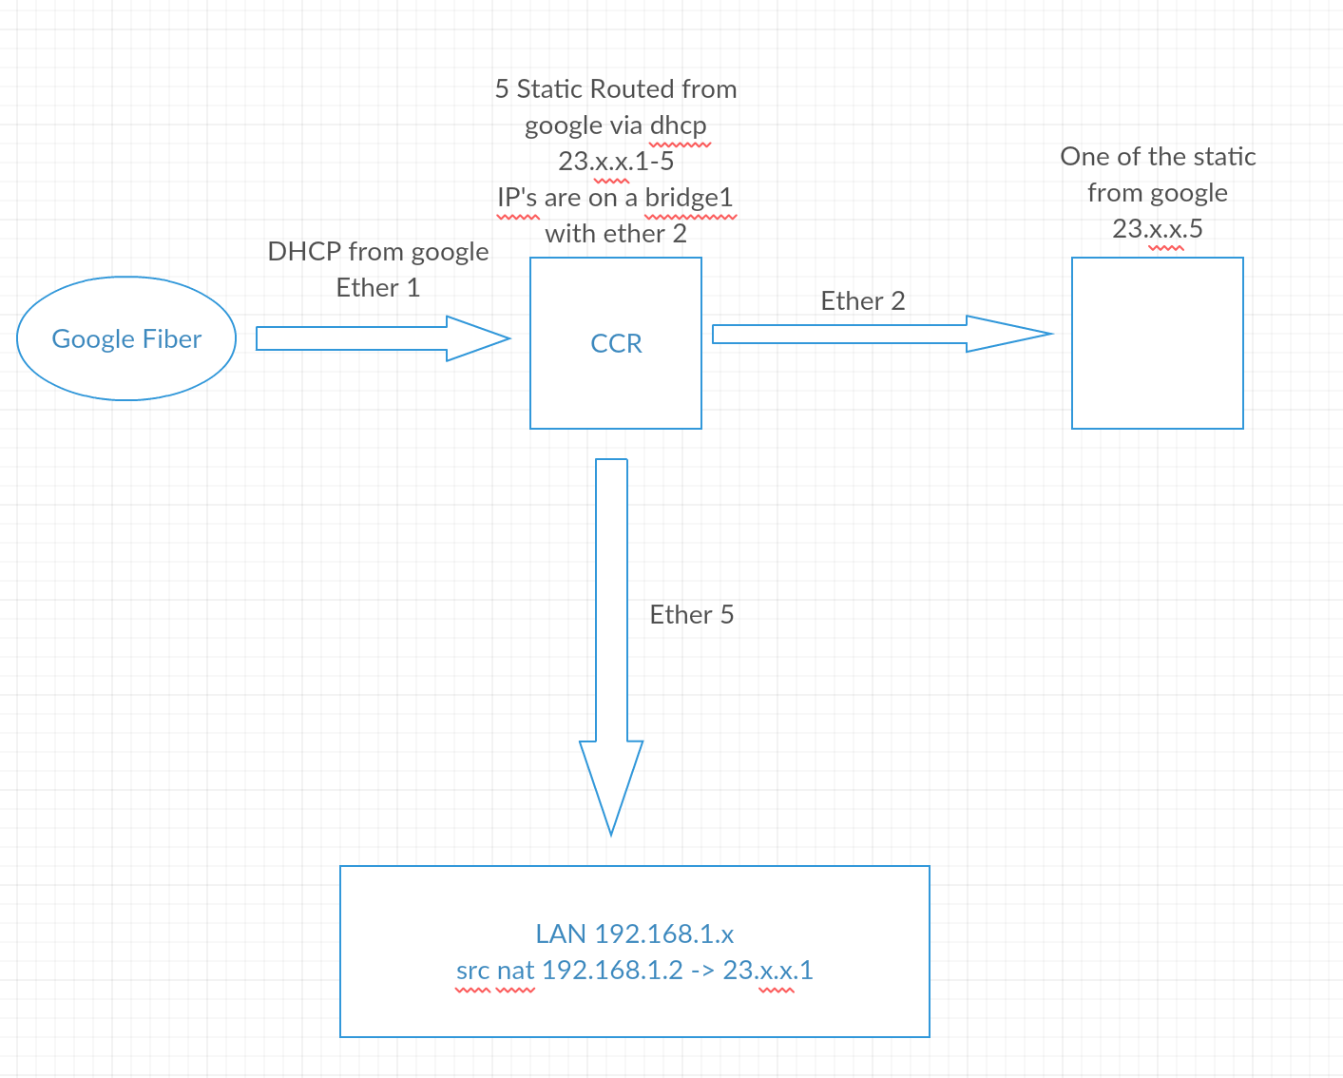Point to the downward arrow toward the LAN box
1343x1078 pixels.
point(611,647)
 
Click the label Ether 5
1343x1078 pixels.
point(692,615)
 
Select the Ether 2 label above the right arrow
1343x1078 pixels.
point(862,300)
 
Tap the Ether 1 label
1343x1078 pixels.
point(378,288)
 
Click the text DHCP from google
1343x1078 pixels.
point(378,252)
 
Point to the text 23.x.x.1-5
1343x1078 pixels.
point(616,161)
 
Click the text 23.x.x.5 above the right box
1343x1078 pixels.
point(1158,228)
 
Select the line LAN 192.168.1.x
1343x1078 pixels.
point(635,934)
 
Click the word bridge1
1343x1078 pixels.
point(688,198)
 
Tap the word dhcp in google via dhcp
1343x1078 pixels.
point(679,125)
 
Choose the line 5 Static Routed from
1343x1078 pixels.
point(616,89)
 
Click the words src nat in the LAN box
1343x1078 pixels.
point(495,971)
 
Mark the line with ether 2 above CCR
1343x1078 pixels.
point(616,234)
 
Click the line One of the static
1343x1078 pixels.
point(1158,157)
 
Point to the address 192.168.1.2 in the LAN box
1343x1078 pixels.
point(612,970)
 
